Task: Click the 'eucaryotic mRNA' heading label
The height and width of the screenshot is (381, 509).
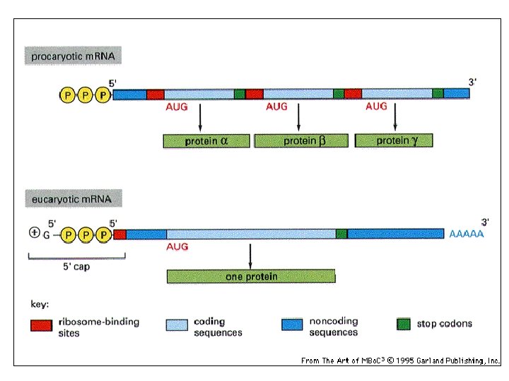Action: coord(72,199)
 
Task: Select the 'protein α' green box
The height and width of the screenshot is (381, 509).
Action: coord(206,140)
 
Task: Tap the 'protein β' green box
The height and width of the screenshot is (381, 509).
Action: coord(302,140)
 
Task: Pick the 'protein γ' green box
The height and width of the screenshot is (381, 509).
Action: coord(394,140)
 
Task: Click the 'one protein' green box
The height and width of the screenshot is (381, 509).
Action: coord(251,277)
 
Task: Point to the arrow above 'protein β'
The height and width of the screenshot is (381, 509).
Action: coord(299,117)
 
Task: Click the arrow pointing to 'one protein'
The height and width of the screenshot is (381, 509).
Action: coord(251,255)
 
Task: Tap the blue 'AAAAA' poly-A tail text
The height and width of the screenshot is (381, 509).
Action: coord(467,234)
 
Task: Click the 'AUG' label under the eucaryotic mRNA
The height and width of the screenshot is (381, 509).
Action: coord(177,248)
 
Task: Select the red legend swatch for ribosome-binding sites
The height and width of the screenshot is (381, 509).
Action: coord(42,325)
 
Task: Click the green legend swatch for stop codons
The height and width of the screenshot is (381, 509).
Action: coord(404,324)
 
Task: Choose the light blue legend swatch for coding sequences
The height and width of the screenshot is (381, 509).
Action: coord(177,325)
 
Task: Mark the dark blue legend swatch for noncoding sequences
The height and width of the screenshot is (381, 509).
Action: coord(292,325)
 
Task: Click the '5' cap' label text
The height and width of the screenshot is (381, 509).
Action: coord(74,267)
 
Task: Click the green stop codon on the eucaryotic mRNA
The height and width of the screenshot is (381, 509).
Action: coord(341,234)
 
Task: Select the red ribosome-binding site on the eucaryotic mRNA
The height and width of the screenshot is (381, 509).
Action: coord(119,234)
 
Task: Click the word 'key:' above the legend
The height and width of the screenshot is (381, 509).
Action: coord(40,305)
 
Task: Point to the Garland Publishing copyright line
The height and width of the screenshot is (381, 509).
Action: coord(400,361)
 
